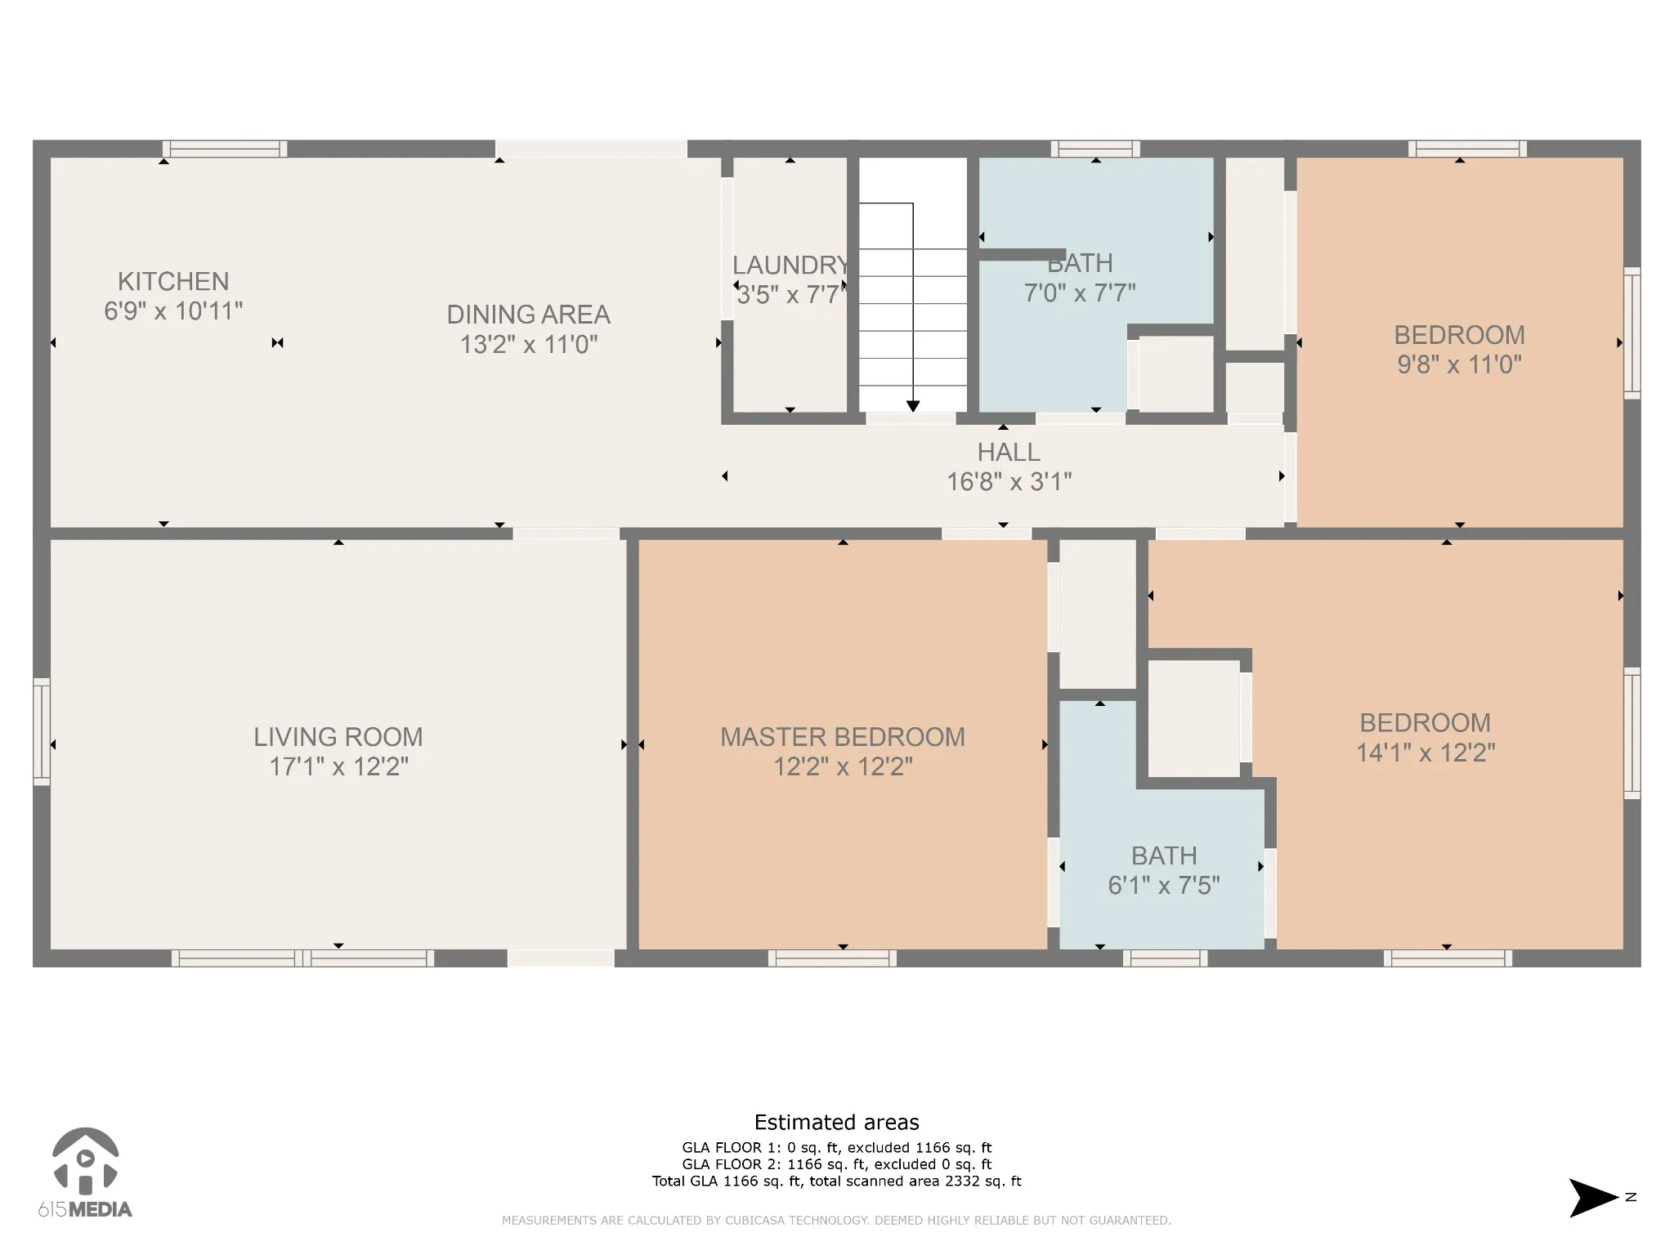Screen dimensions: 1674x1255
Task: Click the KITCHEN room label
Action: point(173,281)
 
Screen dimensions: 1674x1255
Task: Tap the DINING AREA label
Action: point(529,315)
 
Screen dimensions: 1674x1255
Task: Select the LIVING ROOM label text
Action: point(338,737)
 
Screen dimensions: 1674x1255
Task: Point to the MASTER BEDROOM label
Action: point(843,737)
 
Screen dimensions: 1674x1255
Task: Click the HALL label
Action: point(1009,452)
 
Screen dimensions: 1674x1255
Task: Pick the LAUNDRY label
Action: point(790,265)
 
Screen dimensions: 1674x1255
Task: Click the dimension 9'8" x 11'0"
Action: point(1460,364)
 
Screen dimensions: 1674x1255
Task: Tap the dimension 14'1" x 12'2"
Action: point(1426,753)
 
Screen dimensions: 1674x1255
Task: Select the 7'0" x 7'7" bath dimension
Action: point(1080,293)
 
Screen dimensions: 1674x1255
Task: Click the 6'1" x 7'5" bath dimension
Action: point(1164,885)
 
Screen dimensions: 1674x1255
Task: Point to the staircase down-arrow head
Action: point(913,406)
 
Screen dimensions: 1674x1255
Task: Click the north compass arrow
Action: point(1593,1221)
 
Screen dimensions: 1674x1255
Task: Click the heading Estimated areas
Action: point(836,1122)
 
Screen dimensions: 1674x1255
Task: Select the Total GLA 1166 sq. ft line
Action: point(836,1181)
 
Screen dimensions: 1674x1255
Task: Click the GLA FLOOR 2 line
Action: point(836,1164)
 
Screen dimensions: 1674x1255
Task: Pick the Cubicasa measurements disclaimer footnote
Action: point(836,1221)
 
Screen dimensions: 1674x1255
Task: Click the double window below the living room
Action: point(302,958)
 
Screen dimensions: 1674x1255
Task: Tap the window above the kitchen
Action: point(225,149)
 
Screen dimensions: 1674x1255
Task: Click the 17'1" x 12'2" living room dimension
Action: point(338,767)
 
